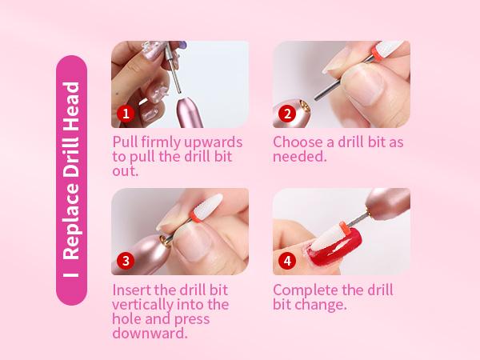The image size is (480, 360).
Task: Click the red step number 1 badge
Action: coord(124,113)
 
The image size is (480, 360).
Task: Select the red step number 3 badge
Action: coord(124,261)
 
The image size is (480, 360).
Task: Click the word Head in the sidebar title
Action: coord(72,100)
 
